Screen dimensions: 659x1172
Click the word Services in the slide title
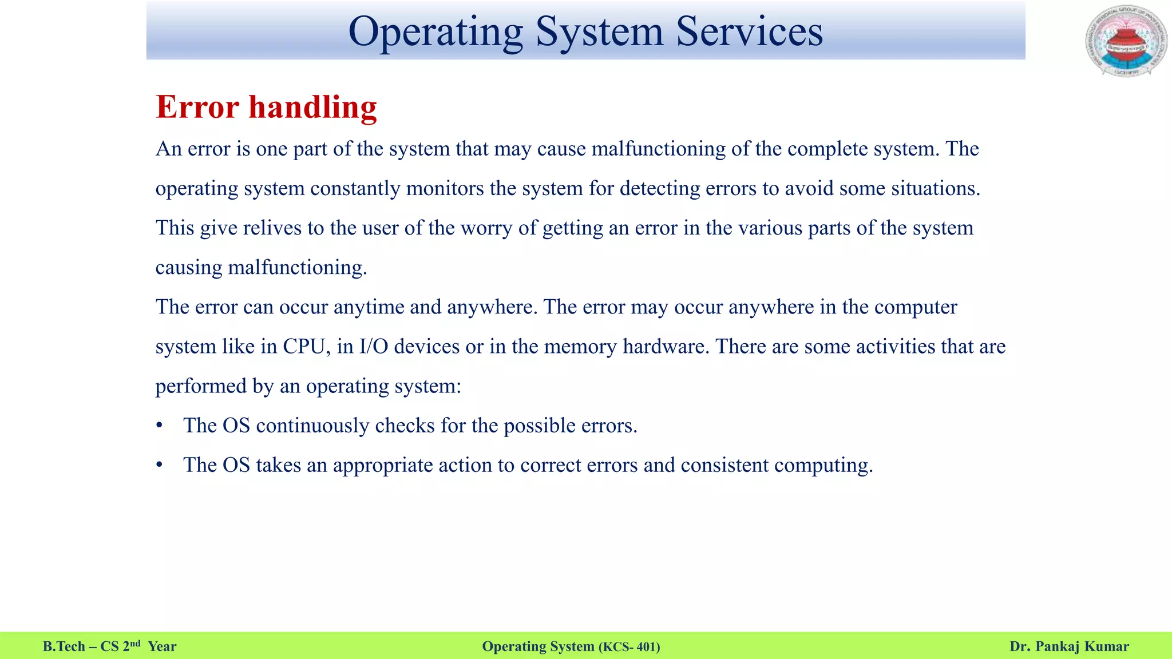coord(749,31)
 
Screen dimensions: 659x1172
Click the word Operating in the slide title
coord(435,32)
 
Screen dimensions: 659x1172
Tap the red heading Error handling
coord(266,107)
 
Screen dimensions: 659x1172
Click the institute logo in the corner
coord(1126,41)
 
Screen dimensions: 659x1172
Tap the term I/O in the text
coord(373,347)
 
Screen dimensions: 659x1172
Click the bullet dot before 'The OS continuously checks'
coord(160,426)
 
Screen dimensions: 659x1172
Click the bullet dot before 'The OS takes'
coord(160,465)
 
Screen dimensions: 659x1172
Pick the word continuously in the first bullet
coord(312,426)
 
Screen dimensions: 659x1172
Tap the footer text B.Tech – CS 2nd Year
coord(110,646)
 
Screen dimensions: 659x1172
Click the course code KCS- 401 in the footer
coord(629,647)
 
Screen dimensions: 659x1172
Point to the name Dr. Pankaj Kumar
coord(1069,646)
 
